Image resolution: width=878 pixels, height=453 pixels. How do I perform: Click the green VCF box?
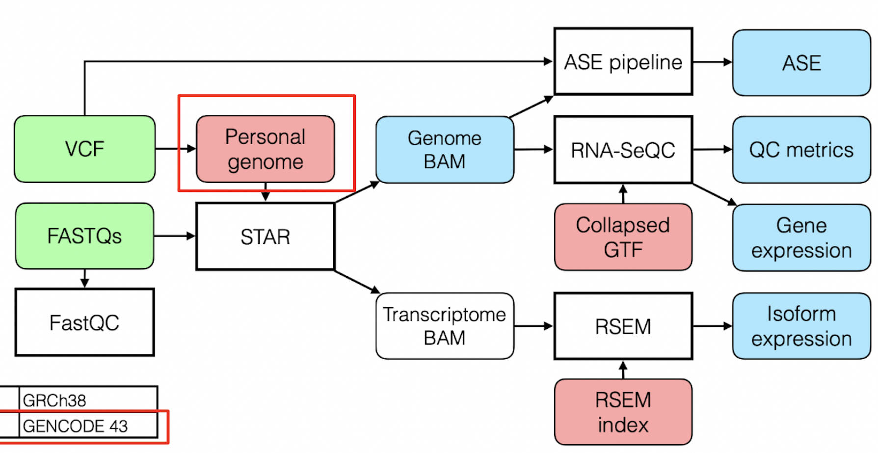pos(84,149)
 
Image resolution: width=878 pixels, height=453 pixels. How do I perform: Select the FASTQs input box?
pos(84,236)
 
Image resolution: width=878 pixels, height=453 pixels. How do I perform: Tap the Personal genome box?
pos(265,149)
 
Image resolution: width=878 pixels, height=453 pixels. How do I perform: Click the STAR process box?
pos(265,237)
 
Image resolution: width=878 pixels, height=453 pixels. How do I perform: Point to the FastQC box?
pos(84,322)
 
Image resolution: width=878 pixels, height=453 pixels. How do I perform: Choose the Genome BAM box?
pos(445,150)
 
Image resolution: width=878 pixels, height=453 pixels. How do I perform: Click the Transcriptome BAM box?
pos(445,326)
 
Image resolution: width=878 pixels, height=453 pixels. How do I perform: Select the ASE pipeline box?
pos(623,62)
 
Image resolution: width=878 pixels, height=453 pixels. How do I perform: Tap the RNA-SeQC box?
pos(623,150)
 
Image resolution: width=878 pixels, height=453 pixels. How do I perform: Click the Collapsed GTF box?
pos(623,237)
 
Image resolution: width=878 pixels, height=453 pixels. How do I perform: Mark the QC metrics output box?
pos(801,150)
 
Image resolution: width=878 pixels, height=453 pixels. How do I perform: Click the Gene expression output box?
pos(801,238)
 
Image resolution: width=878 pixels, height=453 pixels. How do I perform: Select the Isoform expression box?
pos(801,326)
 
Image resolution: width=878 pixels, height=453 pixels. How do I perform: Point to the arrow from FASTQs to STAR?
pos(175,236)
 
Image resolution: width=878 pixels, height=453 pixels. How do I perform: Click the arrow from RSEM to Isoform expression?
pos(712,326)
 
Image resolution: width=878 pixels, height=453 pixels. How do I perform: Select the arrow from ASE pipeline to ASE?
pos(712,62)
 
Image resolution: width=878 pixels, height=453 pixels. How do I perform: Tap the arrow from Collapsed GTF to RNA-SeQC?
pos(623,194)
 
